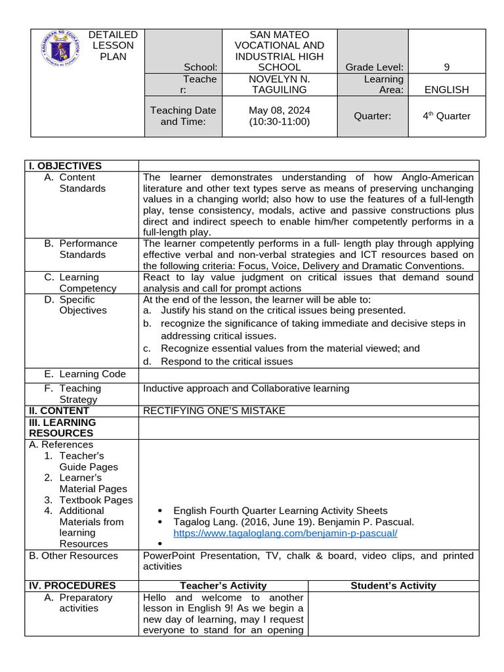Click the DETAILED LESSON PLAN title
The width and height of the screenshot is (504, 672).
click(x=113, y=45)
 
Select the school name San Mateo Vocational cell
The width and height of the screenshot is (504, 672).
click(x=280, y=51)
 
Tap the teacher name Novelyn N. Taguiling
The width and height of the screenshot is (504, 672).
click(x=280, y=84)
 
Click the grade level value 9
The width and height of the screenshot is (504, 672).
click(x=446, y=67)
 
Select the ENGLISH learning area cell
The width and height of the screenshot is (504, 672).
click(x=446, y=89)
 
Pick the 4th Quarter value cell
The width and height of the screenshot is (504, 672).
click(x=446, y=116)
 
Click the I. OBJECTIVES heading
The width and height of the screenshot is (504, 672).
click(x=65, y=166)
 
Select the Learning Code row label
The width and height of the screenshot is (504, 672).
click(x=85, y=374)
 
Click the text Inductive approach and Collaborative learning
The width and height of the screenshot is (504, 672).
click(x=246, y=388)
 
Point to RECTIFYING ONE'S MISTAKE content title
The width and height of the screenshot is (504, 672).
click(x=214, y=411)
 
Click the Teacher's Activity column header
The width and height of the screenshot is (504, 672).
click(x=223, y=585)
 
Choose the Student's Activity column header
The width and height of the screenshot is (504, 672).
click(x=393, y=585)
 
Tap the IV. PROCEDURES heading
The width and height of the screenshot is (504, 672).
click(x=72, y=585)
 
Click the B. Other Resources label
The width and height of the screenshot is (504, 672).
click(x=73, y=556)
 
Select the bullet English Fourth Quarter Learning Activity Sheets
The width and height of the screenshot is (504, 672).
click(x=280, y=511)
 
